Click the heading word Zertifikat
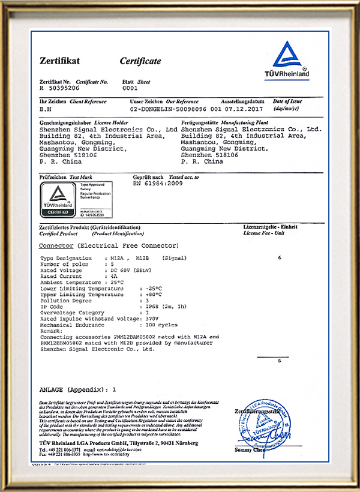[x=59, y=61]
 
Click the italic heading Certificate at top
[x=140, y=61]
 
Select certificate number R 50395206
[x=60, y=88]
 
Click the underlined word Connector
[x=56, y=246]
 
